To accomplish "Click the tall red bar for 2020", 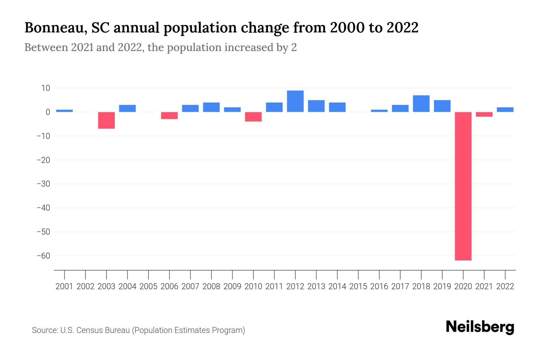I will tap(463, 186).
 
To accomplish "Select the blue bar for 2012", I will tap(295, 101).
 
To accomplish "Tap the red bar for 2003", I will tap(106, 120).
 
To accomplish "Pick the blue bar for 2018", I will tap(421, 103).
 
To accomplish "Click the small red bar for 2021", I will tap(484, 114).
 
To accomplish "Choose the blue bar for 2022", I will tap(505, 109).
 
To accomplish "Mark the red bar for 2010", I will tap(253, 117).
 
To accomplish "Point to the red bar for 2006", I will tap(169, 115).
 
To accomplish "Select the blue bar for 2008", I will tap(211, 107).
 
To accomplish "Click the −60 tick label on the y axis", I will tap(43, 256).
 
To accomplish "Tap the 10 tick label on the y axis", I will tap(46, 88).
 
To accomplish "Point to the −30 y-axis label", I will tap(43, 184).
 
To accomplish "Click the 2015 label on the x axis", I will tap(358, 286).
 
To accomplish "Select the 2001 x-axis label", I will tap(64, 286).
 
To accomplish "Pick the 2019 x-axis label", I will tap(442, 286).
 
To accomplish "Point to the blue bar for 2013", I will tap(316, 106).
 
